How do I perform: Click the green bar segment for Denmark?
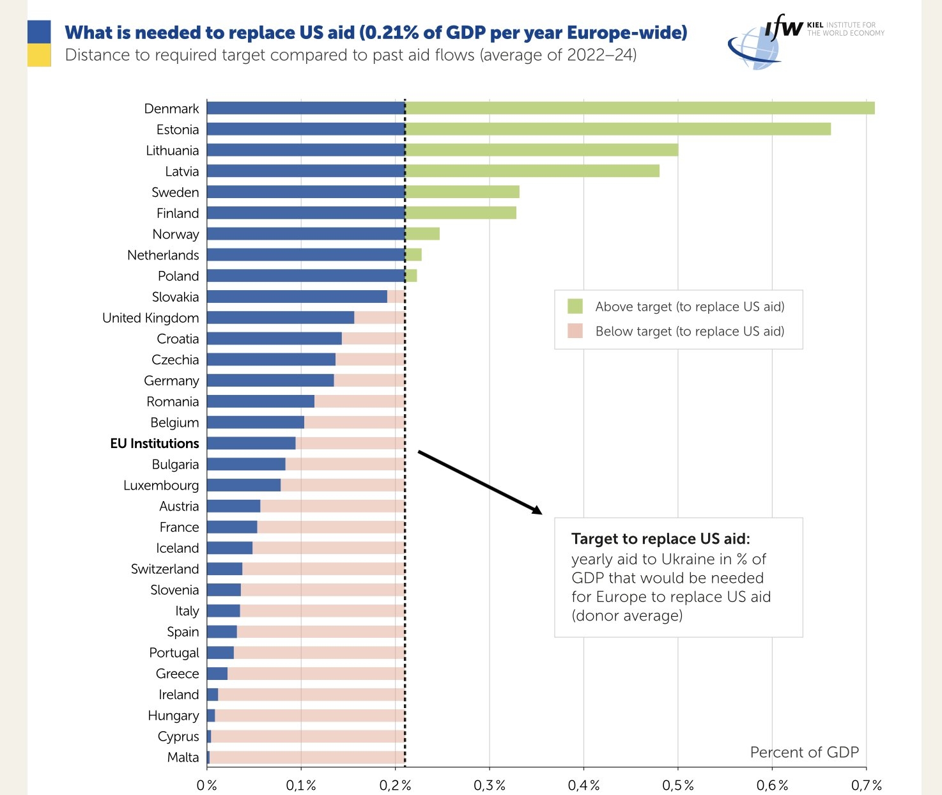(639, 108)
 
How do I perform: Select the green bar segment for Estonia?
(618, 129)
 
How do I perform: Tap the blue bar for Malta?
(208, 757)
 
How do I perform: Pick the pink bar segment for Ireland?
(311, 695)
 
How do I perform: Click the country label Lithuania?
(173, 151)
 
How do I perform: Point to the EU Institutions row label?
(155, 444)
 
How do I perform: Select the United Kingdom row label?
(151, 318)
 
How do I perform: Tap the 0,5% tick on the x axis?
(678, 785)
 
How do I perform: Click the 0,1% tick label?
(301, 785)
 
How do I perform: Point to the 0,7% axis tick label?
(867, 785)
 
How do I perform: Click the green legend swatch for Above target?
(575, 306)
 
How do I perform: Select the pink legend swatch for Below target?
(575, 331)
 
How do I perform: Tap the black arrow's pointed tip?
(541, 513)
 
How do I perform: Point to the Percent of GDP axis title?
(804, 752)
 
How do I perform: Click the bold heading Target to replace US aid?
(660, 539)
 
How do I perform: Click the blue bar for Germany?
(270, 381)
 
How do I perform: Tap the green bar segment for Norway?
(422, 234)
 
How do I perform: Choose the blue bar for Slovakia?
(297, 297)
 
